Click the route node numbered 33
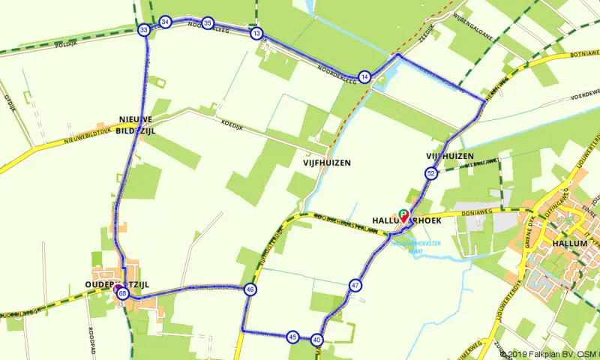click(144, 30)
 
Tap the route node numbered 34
click(165, 22)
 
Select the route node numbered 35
click(208, 23)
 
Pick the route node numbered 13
click(257, 34)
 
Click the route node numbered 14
click(364, 76)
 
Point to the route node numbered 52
click(430, 174)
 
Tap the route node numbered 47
click(355, 286)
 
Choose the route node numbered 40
click(317, 340)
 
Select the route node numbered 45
click(292, 337)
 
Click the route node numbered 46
click(250, 289)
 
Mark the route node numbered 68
click(122, 293)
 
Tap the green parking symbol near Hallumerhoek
click(403, 213)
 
